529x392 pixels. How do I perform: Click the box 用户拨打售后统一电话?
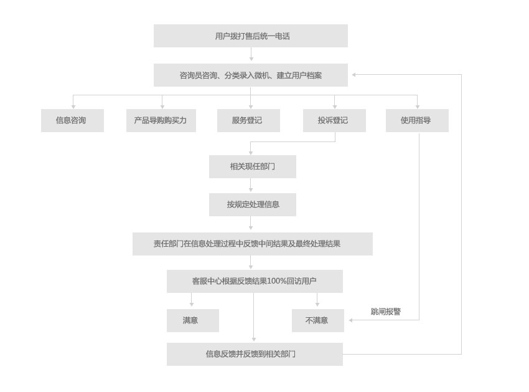[x=251, y=36]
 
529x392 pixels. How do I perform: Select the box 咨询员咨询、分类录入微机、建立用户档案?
[x=251, y=75]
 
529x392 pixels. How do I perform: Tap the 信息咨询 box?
[x=73, y=120]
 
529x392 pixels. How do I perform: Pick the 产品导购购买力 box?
[x=161, y=120]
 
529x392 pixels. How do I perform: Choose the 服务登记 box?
[x=249, y=120]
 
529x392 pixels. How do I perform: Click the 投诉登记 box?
[x=334, y=120]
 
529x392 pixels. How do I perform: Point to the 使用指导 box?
[x=418, y=120]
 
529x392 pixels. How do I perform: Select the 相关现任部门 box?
[x=253, y=166]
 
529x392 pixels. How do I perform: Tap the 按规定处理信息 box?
[x=253, y=204]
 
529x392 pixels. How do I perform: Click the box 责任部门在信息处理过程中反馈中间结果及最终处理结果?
[x=253, y=244]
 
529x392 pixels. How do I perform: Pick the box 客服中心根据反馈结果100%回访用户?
[x=255, y=281]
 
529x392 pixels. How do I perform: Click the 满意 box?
[x=193, y=320]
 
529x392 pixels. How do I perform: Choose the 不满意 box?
[x=318, y=320]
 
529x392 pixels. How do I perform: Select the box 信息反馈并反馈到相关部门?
[x=255, y=354]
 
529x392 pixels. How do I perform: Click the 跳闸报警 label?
[x=386, y=311]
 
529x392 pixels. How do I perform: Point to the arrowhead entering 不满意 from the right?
[x=351, y=320]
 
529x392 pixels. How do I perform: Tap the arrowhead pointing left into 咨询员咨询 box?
[x=354, y=75]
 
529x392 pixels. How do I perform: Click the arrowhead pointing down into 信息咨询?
[x=73, y=107]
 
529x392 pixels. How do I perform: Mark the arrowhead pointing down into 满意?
[x=192, y=305]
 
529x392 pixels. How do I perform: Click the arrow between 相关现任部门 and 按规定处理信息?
[x=251, y=185]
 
